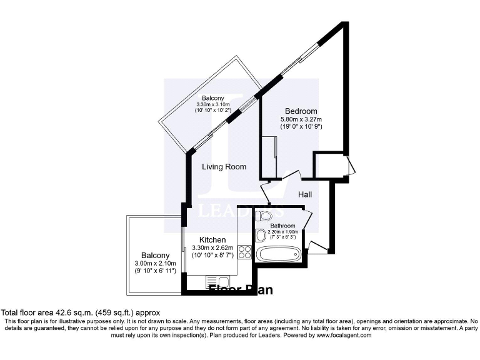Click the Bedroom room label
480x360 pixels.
click(301, 111)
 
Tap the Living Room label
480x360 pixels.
click(224, 167)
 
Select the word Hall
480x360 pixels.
click(304, 195)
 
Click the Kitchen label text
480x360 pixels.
click(212, 240)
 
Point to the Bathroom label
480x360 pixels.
click(282, 226)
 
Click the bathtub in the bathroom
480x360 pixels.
click(279, 255)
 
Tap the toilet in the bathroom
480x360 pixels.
click(264, 217)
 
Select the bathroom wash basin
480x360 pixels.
click(261, 236)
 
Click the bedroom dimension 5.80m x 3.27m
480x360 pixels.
click(304, 119)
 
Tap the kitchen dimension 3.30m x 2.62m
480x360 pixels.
click(212, 248)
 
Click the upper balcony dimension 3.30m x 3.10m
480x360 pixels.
click(212, 104)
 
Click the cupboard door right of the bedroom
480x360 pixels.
click(351, 166)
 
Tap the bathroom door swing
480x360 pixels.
click(306, 220)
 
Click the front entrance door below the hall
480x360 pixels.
click(317, 246)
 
